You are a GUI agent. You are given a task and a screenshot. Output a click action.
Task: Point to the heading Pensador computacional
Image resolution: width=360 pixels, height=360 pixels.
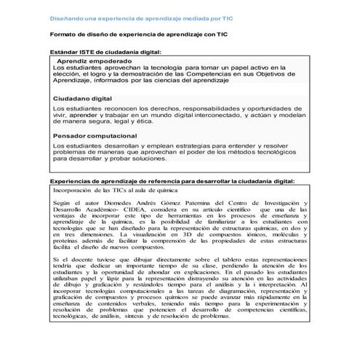coord(95,135)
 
